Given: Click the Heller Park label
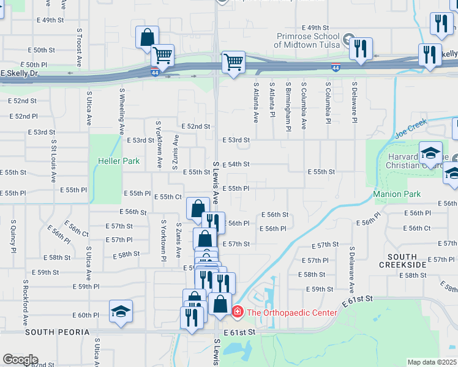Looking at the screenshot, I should tap(119, 161).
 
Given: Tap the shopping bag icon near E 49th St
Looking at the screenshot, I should tap(147, 37).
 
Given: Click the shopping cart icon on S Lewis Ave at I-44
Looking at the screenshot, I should tap(233, 61).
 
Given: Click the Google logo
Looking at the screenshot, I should tap(20, 360).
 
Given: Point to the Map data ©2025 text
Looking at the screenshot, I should tap(432, 362).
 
